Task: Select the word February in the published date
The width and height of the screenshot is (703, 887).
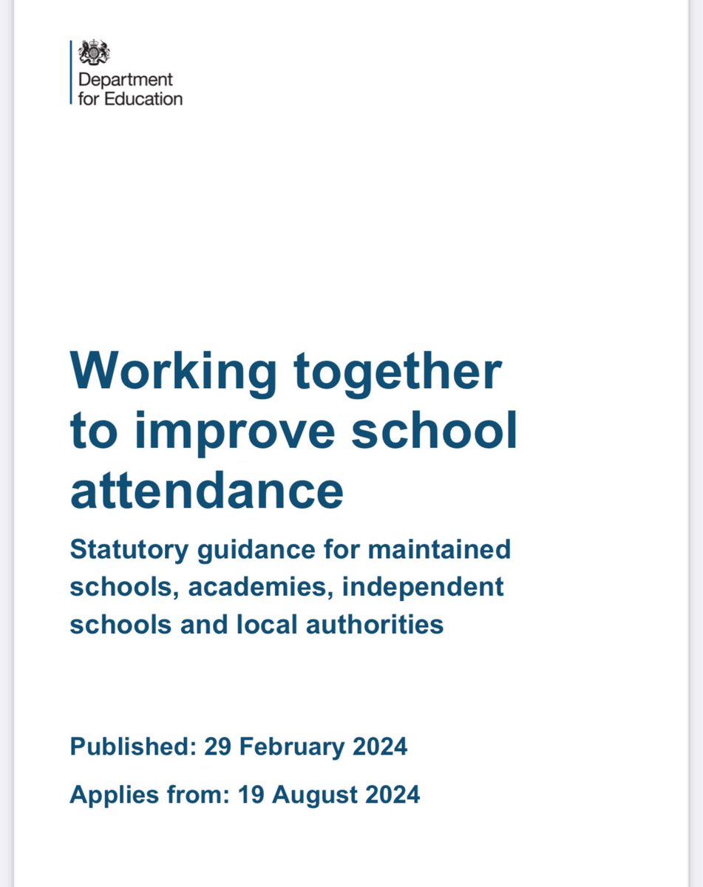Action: (x=292, y=747)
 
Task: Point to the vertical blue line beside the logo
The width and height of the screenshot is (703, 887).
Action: (x=72, y=72)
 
